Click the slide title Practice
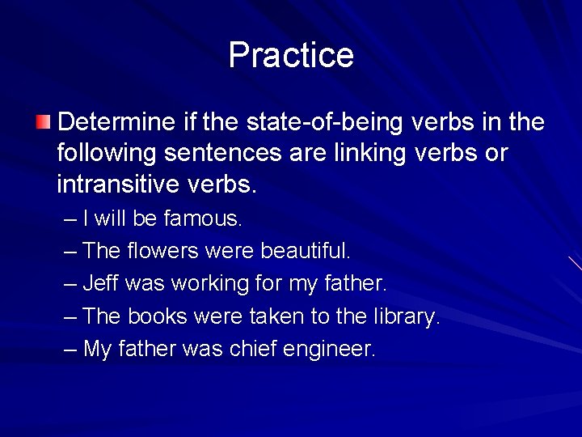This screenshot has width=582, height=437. click(291, 55)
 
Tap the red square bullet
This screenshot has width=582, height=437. click(43, 123)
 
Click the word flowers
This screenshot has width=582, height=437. click(162, 251)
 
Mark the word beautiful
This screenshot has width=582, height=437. click(306, 251)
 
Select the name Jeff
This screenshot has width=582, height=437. click(101, 284)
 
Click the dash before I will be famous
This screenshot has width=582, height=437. click(70, 219)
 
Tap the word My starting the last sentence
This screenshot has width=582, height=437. click(98, 350)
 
